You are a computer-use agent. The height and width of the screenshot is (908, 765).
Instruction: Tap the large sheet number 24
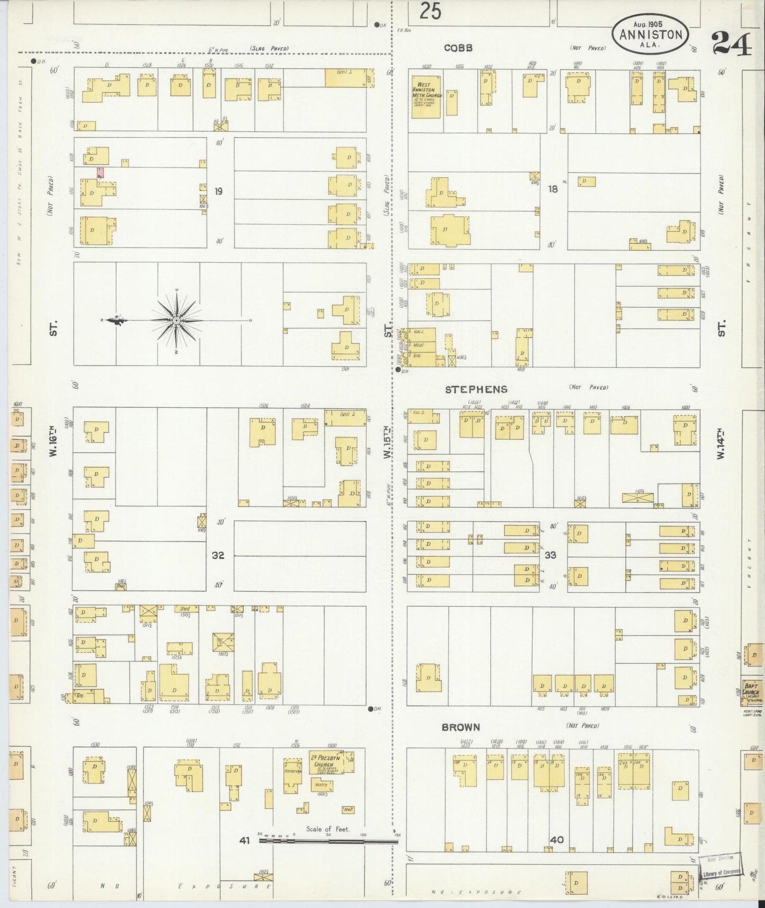click(x=732, y=44)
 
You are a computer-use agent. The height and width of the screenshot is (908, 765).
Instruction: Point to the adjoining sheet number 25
click(x=430, y=11)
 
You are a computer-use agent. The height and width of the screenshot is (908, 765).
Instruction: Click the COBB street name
click(x=458, y=48)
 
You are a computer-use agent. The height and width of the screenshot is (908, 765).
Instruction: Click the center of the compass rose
click(x=176, y=320)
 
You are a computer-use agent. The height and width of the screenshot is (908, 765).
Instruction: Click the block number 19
click(x=219, y=191)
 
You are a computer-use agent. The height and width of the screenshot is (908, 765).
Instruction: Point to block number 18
click(x=553, y=189)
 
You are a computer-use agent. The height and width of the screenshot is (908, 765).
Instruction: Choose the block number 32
click(x=218, y=555)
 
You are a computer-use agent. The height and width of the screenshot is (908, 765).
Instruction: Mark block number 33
click(x=551, y=555)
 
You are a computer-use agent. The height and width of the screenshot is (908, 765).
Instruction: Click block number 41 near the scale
click(x=244, y=840)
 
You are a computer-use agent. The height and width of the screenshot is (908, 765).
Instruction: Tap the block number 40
click(x=556, y=840)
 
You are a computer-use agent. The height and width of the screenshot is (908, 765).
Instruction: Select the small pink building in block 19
click(x=100, y=172)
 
